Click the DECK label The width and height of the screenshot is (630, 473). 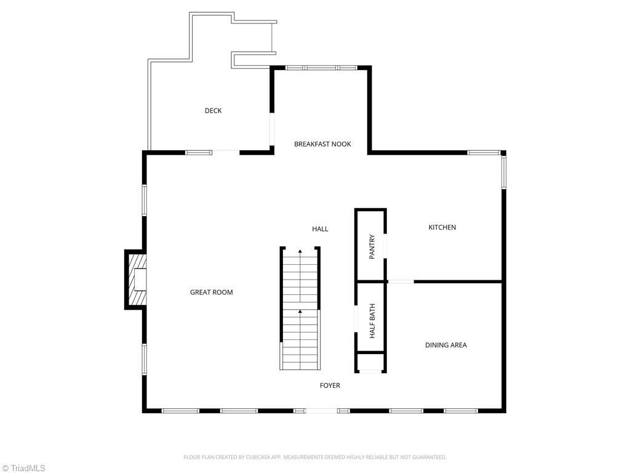pyautogui.click(x=213, y=111)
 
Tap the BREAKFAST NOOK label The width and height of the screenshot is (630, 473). pyautogui.click(x=322, y=144)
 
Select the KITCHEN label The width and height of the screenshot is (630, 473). pyautogui.click(x=442, y=227)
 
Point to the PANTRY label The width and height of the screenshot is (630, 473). pyautogui.click(x=372, y=246)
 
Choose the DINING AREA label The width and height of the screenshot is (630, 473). pyautogui.click(x=445, y=345)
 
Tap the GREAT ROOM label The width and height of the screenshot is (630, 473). pyautogui.click(x=211, y=292)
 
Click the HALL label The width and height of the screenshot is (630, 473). pyautogui.click(x=320, y=228)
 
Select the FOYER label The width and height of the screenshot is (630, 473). pyautogui.click(x=330, y=386)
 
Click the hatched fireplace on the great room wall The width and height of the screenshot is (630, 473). pyautogui.click(x=137, y=280)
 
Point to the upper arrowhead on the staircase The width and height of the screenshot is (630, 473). pyautogui.click(x=300, y=251)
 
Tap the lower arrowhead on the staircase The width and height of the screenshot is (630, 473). pyautogui.click(x=300, y=312)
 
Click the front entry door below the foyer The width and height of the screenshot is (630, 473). pyautogui.click(x=321, y=410)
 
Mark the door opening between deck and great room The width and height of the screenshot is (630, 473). pyautogui.click(x=226, y=152)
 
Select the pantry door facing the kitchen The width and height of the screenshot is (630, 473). pyautogui.click(x=386, y=245)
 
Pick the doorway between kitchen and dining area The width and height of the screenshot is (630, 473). pyautogui.click(x=401, y=281)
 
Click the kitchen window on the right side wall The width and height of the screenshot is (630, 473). pyautogui.click(x=503, y=172)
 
